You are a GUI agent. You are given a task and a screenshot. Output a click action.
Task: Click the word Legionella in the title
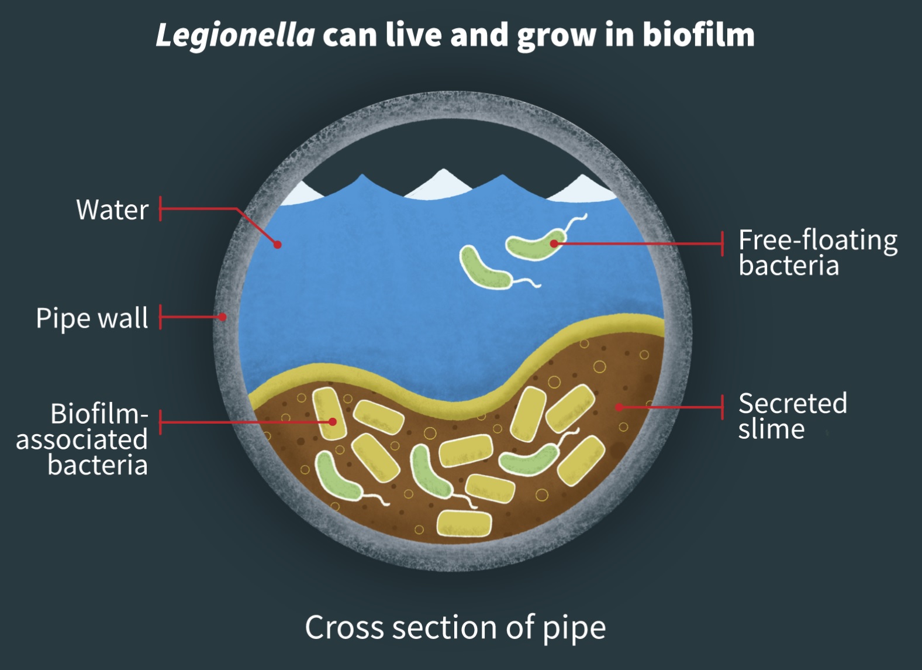pyautogui.click(x=235, y=35)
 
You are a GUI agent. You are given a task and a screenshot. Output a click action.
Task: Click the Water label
pyautogui.click(x=112, y=209)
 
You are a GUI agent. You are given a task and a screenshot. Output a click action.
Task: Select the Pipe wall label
pyautogui.click(x=92, y=318)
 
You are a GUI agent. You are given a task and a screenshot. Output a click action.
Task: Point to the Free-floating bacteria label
pyautogui.click(x=817, y=252)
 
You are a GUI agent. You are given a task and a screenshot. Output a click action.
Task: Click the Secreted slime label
pyautogui.click(x=792, y=415)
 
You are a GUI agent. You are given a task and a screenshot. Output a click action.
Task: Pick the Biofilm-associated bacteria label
pyautogui.click(x=82, y=439)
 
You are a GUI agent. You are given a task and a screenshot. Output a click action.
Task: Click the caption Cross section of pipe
pyautogui.click(x=455, y=627)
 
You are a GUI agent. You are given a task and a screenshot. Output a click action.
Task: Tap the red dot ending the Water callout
pyautogui.click(x=278, y=245)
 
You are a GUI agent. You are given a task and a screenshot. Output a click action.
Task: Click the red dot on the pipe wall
pyautogui.click(x=223, y=317)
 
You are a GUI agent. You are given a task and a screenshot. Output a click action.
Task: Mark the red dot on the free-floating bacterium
pyautogui.click(x=554, y=243)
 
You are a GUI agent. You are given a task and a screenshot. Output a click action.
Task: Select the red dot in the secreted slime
pyautogui.click(x=619, y=407)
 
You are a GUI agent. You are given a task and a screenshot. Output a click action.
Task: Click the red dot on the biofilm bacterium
pyautogui.click(x=332, y=421)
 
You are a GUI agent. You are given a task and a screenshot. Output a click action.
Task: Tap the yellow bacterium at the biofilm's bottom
pyautogui.click(x=464, y=523)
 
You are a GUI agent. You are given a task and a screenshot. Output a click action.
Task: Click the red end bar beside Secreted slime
pyautogui.click(x=723, y=407)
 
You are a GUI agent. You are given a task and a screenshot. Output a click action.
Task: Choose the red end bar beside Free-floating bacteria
pyautogui.click(x=723, y=243)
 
